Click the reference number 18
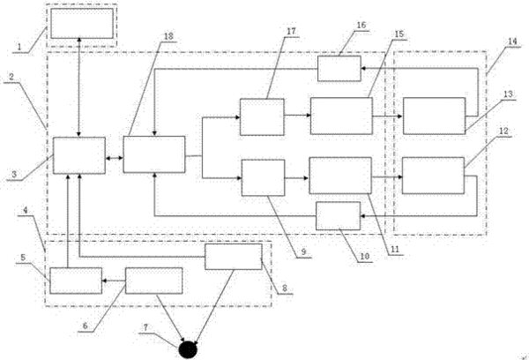tap(168, 36)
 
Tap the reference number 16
tap(361, 25)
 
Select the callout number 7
tap(145, 327)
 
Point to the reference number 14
tap(512, 41)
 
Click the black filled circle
tap(188, 349)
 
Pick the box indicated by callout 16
tap(339, 69)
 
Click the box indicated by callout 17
tap(262, 116)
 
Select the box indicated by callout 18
tap(153, 154)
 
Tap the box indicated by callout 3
tap(79, 155)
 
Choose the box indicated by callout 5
tap(76, 281)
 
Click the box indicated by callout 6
tap(153, 281)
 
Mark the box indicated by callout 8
tap(234, 257)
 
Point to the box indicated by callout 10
tap(338, 216)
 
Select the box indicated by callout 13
tap(434, 116)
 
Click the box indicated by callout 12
tap(433, 176)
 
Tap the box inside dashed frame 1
tap(82, 23)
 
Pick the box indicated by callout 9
tap(263, 177)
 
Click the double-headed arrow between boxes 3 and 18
tap(114, 158)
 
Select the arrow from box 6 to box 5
tap(114, 281)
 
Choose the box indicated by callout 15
tap(341, 116)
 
